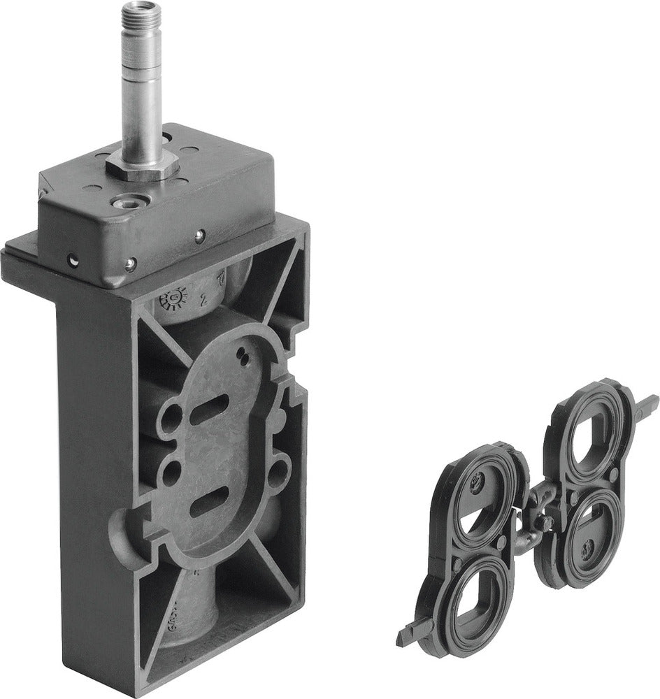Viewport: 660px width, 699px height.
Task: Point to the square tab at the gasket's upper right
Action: (648, 403)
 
